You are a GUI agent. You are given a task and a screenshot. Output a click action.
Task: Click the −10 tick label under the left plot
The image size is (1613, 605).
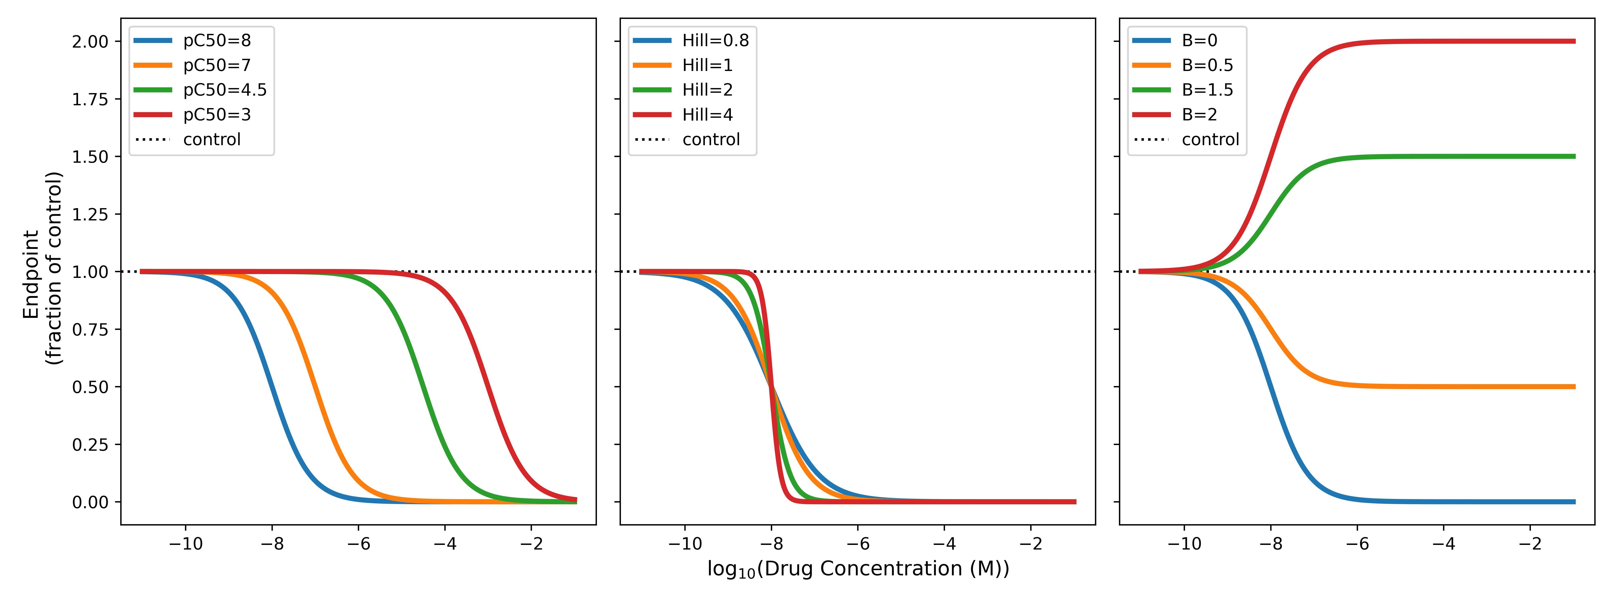(185, 544)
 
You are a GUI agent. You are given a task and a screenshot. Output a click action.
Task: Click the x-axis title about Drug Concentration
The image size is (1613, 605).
(858, 569)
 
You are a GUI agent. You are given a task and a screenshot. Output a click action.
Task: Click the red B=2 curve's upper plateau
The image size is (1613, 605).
(1440, 41)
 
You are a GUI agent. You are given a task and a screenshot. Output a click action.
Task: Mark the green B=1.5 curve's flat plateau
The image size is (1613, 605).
(1440, 156)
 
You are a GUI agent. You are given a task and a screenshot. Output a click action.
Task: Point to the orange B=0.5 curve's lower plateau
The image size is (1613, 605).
(1440, 386)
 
